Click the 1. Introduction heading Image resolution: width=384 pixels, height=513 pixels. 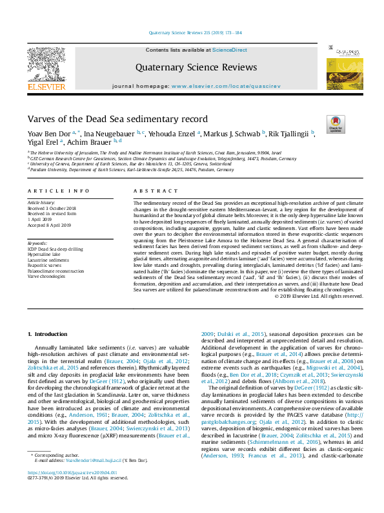(x=50, y=333)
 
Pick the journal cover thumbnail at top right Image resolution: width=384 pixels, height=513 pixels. (x=339, y=65)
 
